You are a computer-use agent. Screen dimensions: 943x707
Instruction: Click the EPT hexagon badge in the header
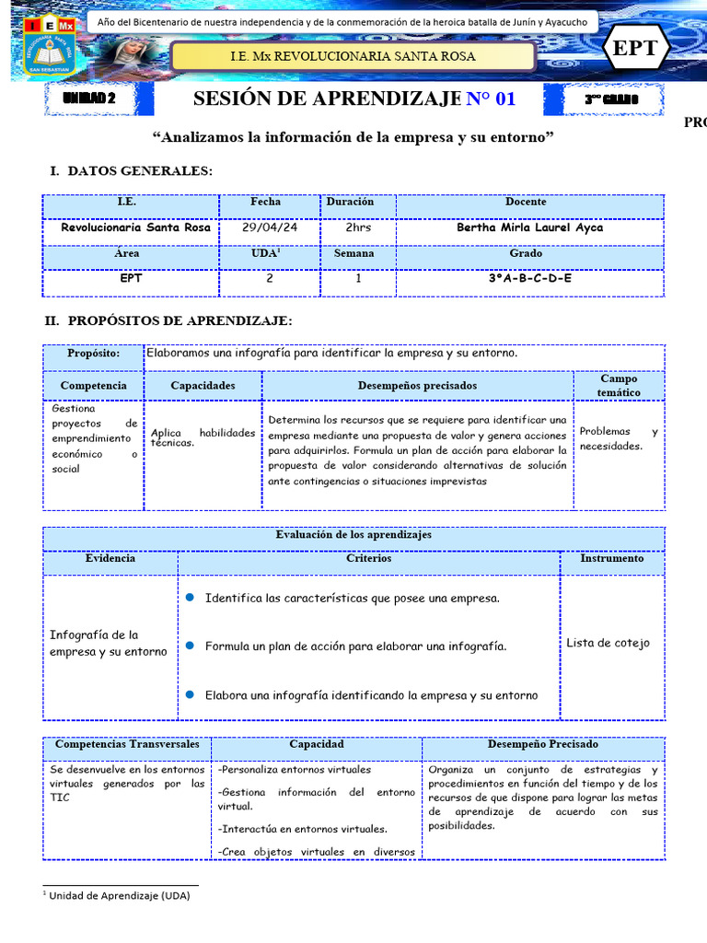click(635, 48)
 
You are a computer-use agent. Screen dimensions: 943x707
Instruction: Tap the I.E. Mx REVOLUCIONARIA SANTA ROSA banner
click(353, 56)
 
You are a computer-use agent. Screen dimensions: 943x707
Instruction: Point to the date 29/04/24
click(269, 227)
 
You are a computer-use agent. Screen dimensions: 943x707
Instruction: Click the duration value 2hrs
click(358, 227)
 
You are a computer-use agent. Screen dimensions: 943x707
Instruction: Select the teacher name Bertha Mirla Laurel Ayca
click(529, 227)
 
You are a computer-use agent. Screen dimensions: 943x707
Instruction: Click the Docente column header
click(526, 202)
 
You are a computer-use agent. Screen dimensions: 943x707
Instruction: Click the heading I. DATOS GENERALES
click(131, 171)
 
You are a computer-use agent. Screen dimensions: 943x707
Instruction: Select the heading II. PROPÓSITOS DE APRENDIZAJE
click(169, 320)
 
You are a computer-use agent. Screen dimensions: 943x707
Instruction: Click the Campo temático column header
click(618, 385)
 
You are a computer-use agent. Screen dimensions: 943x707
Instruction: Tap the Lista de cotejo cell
click(608, 643)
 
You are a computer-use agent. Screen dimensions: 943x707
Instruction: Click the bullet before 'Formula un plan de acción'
click(190, 646)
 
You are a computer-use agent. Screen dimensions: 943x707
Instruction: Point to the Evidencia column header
click(110, 558)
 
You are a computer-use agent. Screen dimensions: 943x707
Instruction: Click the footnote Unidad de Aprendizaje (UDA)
click(119, 895)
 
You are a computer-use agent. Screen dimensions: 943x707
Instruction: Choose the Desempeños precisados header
click(417, 386)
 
